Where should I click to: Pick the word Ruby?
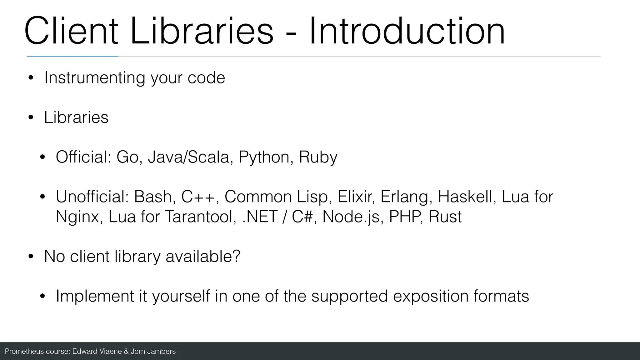[x=318, y=157]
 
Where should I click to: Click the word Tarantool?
[x=200, y=217]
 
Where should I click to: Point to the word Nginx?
[x=77, y=217]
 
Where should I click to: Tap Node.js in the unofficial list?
[x=352, y=217]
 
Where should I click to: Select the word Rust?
[x=445, y=217]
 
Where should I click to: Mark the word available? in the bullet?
[x=203, y=257]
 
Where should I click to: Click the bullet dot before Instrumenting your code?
[x=31, y=78]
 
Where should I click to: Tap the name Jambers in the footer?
[x=162, y=352]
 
